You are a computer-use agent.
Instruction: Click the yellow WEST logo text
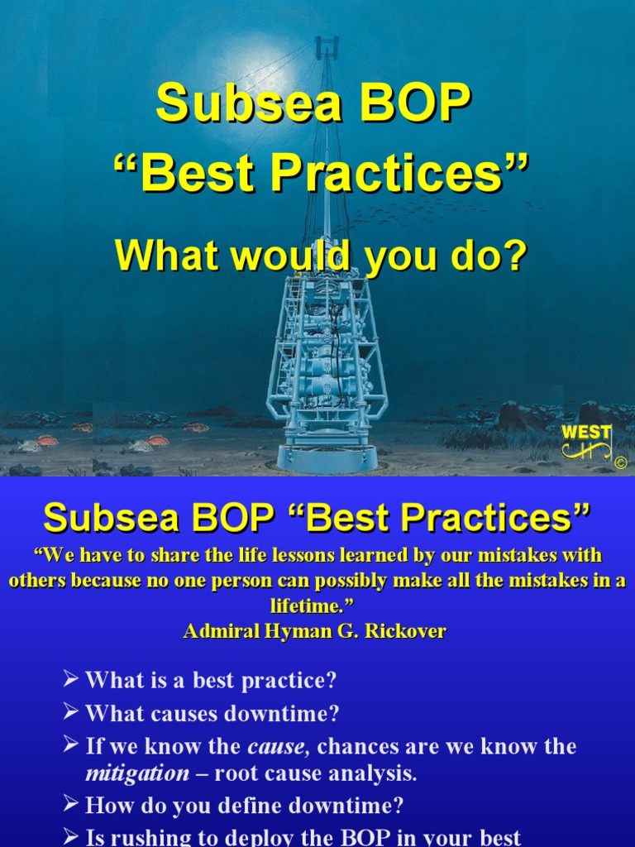(586, 433)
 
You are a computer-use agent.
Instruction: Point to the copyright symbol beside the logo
(620, 463)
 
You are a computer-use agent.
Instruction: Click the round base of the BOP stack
(327, 456)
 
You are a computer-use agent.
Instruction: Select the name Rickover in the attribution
(409, 632)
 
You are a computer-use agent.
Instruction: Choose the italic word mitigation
(137, 773)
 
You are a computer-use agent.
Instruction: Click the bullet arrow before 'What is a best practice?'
(71, 680)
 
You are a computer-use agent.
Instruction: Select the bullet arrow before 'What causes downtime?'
(71, 712)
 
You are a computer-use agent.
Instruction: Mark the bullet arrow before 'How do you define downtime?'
(71, 804)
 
